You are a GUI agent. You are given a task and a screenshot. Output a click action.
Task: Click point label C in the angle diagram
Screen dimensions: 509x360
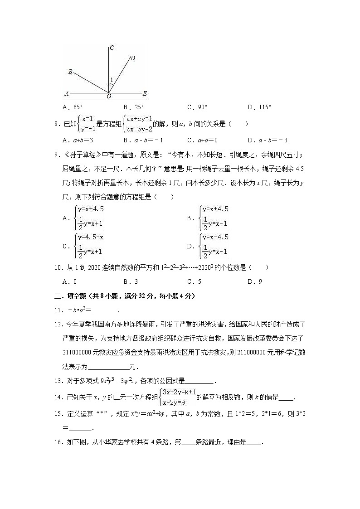pyautogui.click(x=112, y=48)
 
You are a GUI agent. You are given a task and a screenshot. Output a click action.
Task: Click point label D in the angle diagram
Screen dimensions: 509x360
pyautogui.click(x=132, y=58)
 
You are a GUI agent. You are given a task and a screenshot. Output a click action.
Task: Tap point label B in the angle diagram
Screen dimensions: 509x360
pyautogui.click(x=70, y=72)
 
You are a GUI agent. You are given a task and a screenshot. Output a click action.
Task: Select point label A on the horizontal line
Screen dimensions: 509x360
pyautogui.click(x=67, y=94)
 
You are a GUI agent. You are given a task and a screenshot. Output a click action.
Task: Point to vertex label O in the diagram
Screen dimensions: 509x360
pyautogui.click(x=109, y=97)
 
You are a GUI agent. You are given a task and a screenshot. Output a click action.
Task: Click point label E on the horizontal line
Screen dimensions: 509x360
pyautogui.click(x=145, y=94)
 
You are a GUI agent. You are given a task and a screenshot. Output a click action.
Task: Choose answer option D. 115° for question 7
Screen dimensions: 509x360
pyautogui.click(x=260, y=107)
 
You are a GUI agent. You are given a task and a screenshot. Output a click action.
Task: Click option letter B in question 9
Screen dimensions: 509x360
pyautogui.click(x=190, y=218)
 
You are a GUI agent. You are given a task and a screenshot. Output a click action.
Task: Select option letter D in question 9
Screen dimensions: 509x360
pyautogui.click(x=190, y=246)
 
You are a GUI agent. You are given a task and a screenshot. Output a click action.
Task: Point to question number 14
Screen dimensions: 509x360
pyautogui.click(x=58, y=398)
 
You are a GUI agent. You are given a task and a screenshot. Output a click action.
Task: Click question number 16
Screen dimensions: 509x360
pyautogui.click(x=58, y=442)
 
